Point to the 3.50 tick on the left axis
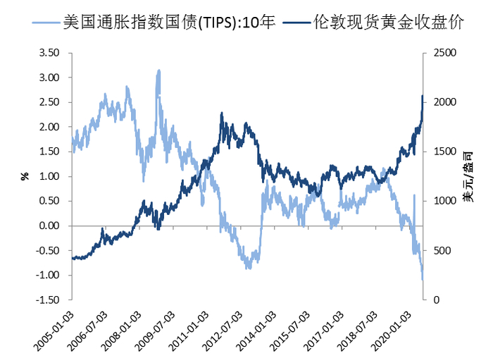[x=50, y=53]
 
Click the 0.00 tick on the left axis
[x=50, y=226]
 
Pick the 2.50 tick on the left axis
[x=50, y=102]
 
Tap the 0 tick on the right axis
[x=437, y=300]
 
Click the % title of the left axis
[x=24, y=176]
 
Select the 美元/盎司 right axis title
[x=468, y=176]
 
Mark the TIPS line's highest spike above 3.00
[x=159, y=70]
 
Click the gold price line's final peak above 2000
[x=422, y=96]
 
